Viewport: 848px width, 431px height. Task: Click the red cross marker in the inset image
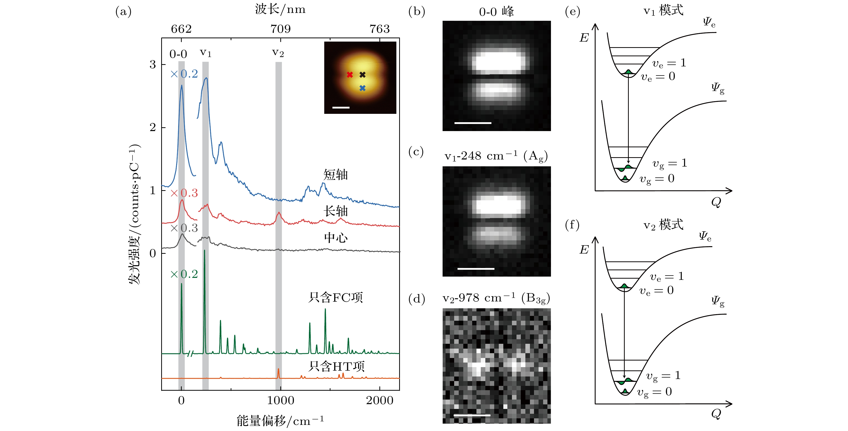click(x=349, y=75)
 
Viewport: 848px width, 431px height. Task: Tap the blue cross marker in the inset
click(x=362, y=88)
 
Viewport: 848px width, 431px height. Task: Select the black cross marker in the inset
click(x=362, y=75)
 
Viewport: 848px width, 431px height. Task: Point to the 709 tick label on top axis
click(x=281, y=29)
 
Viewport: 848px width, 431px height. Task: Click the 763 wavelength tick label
click(x=380, y=29)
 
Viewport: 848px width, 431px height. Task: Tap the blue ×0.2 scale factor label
click(x=184, y=74)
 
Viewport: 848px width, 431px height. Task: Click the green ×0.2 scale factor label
click(x=184, y=274)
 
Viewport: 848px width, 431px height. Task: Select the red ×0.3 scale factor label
click(x=184, y=193)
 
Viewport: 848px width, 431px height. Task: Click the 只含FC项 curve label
click(x=336, y=297)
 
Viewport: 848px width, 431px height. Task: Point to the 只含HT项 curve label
click(x=336, y=366)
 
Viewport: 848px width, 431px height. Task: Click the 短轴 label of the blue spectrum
click(x=336, y=174)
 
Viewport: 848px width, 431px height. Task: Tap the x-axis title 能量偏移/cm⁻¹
click(x=280, y=420)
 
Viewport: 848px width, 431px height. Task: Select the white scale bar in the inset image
click(x=341, y=107)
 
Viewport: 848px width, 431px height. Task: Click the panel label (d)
click(x=416, y=299)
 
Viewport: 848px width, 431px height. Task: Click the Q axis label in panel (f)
click(x=716, y=414)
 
